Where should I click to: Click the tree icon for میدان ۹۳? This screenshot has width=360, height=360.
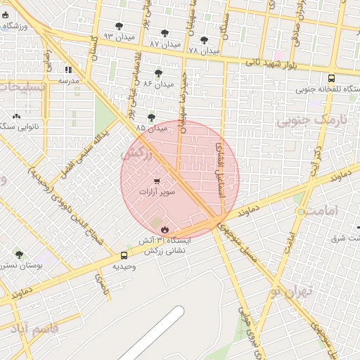[x=120, y=26]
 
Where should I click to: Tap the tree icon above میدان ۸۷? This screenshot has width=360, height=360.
[x=165, y=33]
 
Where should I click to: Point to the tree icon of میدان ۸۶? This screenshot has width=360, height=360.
[x=157, y=72]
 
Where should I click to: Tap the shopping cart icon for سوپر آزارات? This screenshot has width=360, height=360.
[x=156, y=180]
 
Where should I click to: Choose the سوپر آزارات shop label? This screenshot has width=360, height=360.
[x=157, y=191]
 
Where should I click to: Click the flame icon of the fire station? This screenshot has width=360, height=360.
[x=165, y=229]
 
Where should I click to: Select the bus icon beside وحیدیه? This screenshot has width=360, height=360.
[x=124, y=255]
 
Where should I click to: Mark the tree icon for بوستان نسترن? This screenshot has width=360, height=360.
[x=19, y=255]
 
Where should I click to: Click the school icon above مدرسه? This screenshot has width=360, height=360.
[x=68, y=70]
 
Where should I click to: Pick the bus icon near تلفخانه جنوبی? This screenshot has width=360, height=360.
[x=331, y=78]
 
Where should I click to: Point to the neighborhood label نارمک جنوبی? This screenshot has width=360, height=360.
[x=302, y=120]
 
